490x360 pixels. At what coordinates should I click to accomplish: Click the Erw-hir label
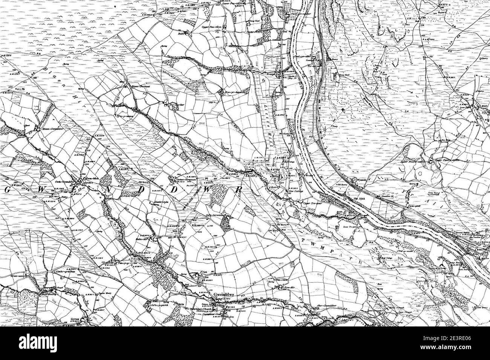(285, 290)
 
